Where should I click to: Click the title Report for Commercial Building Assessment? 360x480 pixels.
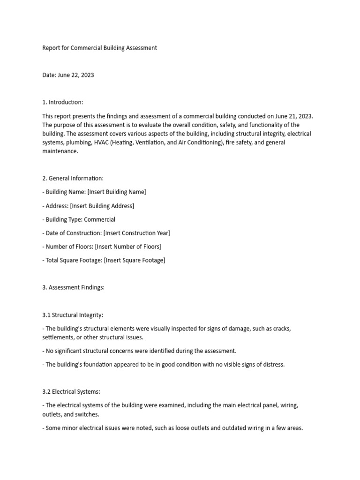(99, 48)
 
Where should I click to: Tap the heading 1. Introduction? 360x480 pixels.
(62, 102)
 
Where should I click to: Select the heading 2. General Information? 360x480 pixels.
(73, 178)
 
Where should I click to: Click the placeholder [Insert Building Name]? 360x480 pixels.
(117, 192)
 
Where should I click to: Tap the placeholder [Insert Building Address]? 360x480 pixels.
(102, 206)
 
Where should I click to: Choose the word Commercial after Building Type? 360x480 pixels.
(99, 219)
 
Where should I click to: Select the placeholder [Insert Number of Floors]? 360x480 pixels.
(128, 247)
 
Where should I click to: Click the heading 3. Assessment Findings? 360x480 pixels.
(73, 287)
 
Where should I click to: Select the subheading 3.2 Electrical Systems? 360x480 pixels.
(70, 392)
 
